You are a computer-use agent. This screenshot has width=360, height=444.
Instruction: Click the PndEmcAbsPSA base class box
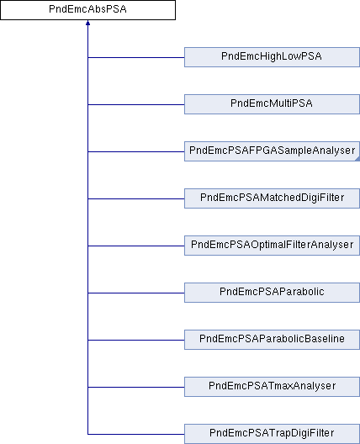(x=87, y=10)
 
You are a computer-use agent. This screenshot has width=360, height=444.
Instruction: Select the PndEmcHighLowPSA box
(x=272, y=57)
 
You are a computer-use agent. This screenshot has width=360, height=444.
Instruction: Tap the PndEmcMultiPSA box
(x=272, y=104)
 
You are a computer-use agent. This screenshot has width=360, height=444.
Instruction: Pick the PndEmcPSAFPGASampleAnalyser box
(x=272, y=151)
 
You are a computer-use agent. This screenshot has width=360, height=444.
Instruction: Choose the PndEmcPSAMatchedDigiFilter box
(x=272, y=198)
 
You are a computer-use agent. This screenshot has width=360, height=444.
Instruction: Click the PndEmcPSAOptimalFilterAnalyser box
(x=272, y=246)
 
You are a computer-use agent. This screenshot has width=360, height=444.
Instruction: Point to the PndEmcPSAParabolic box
(x=272, y=293)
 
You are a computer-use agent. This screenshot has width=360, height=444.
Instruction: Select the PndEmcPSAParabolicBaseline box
(x=272, y=340)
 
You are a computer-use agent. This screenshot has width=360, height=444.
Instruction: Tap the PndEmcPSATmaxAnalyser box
(x=272, y=387)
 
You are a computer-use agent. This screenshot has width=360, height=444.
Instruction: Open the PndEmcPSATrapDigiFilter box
(x=272, y=434)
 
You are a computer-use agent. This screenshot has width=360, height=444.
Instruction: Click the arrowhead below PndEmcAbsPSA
(x=87, y=23)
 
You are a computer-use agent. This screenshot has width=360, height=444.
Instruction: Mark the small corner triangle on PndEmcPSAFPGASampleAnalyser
(x=357, y=159)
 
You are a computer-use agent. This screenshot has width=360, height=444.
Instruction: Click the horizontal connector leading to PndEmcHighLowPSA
(x=136, y=57)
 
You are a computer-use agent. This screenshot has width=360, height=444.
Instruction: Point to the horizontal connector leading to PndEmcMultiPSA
(x=136, y=104)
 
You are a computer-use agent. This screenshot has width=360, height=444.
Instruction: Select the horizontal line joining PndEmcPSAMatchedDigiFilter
(x=136, y=198)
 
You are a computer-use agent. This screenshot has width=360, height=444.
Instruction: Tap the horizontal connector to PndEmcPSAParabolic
(x=136, y=293)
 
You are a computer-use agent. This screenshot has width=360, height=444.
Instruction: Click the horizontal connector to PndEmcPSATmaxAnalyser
(x=136, y=387)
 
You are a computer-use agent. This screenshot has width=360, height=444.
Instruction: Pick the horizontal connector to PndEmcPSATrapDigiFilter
(x=136, y=434)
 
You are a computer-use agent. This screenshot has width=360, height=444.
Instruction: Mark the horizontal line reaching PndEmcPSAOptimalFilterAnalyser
(x=136, y=246)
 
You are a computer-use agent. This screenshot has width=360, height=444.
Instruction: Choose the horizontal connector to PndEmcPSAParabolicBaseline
(x=136, y=340)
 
